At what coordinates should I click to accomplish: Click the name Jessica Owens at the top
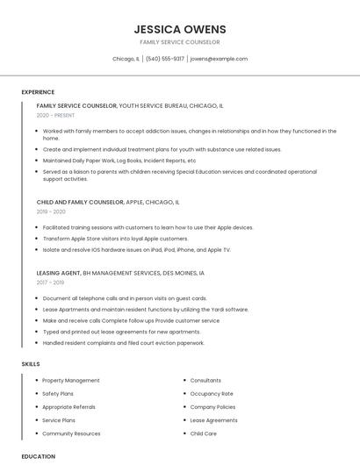[x=179, y=29]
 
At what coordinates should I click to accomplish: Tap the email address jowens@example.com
[x=219, y=59]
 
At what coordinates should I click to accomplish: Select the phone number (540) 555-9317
[x=165, y=59]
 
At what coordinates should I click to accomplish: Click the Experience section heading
[x=38, y=92]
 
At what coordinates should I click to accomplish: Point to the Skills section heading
[x=31, y=363]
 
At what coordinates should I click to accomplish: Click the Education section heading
[x=38, y=456]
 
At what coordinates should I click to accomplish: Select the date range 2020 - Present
[x=55, y=115]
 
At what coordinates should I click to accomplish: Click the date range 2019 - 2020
[x=51, y=211]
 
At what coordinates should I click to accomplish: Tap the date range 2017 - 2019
[x=50, y=283]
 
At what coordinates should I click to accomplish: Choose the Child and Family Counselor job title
[x=80, y=202]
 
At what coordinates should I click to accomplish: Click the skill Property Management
[x=71, y=381]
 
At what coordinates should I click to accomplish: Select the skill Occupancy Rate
[x=212, y=394]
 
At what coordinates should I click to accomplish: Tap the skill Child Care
[x=203, y=433]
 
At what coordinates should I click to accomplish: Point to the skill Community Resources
[x=71, y=433]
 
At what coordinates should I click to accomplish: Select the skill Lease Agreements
[x=213, y=420]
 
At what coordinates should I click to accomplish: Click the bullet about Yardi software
[x=146, y=310]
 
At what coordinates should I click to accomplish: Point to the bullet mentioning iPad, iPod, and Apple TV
[x=136, y=250]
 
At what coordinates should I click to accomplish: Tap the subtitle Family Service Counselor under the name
[x=179, y=42]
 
